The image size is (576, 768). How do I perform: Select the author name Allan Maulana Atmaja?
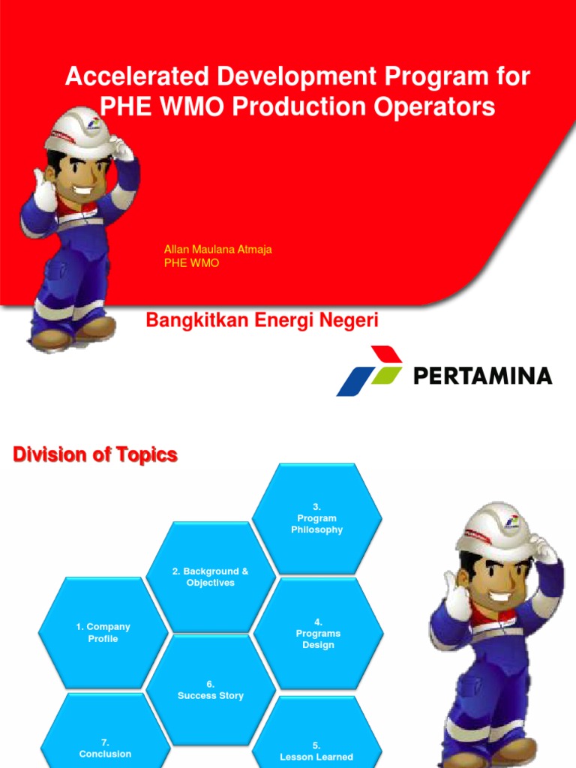click(217, 250)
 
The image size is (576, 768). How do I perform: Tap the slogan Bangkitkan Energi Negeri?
click(262, 321)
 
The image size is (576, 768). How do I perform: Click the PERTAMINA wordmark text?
click(482, 375)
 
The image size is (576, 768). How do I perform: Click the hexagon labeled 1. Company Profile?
click(103, 632)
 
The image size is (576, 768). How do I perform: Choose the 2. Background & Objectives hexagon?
click(210, 577)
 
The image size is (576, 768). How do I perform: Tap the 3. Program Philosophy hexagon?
click(317, 518)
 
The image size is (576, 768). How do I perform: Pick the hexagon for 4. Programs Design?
click(318, 634)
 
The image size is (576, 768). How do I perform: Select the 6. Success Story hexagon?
click(211, 690)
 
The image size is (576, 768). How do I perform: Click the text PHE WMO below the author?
click(191, 263)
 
